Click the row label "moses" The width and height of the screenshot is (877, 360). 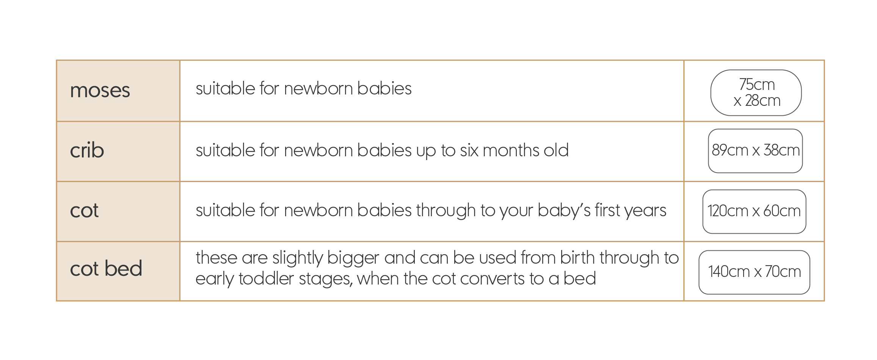click(100, 91)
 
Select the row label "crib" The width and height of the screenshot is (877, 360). click(87, 150)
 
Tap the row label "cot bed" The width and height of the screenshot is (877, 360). click(106, 268)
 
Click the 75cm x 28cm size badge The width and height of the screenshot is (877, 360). click(756, 93)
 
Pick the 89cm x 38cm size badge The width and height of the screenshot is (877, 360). click(755, 151)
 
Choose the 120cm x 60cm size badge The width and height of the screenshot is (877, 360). click(755, 212)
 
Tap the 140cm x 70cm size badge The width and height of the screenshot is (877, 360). click(755, 272)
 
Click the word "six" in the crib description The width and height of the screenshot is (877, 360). click(469, 151)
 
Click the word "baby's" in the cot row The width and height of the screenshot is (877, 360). click(564, 211)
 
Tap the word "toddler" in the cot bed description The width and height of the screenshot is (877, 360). click(266, 279)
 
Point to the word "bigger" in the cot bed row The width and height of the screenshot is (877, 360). click(353, 258)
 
